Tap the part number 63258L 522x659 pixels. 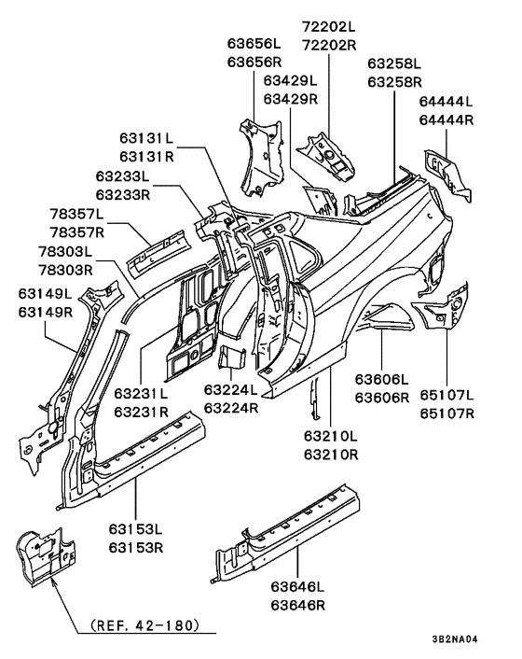(x=394, y=64)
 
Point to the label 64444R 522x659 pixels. (x=446, y=119)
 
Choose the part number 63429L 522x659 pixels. (x=291, y=81)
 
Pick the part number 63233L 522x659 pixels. (x=122, y=176)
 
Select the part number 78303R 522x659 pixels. (x=66, y=270)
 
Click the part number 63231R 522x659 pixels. (x=142, y=411)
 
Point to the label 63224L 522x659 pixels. (x=234, y=392)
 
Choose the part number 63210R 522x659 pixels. (x=330, y=455)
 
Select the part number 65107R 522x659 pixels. (x=446, y=412)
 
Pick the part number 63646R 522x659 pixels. (x=298, y=605)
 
